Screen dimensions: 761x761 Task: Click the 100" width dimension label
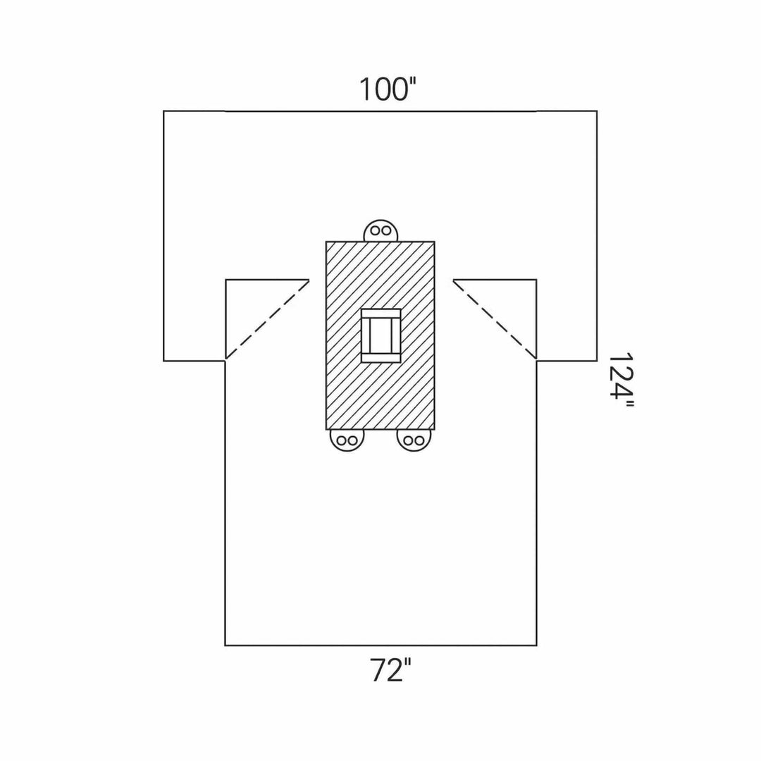tap(388, 89)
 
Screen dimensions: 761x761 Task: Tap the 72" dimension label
tap(390, 670)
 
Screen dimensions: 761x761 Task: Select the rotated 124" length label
tap(621, 382)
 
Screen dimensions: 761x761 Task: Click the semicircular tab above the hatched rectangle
tap(381, 230)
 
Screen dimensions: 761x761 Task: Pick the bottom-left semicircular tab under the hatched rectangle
tap(347, 440)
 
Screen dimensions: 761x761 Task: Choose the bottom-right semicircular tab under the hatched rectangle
tap(414, 440)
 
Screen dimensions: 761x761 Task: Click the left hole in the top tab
tap(375, 230)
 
